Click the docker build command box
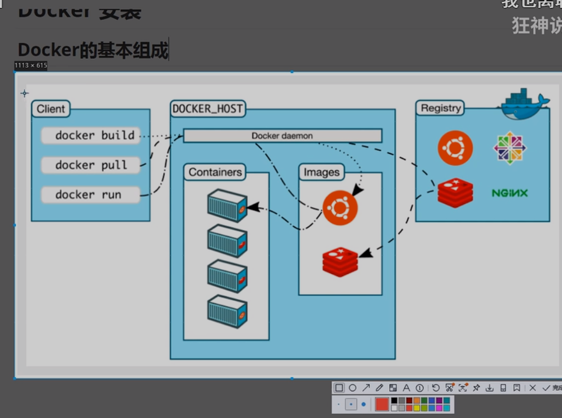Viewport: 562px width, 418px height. pos(90,136)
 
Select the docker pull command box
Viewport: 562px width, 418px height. pos(90,165)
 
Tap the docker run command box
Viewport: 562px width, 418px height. pos(90,195)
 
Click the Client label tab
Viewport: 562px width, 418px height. pos(51,109)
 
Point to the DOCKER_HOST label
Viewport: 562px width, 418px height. pos(208,109)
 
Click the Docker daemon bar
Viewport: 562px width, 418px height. pos(282,136)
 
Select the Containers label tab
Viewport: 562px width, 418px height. pos(215,172)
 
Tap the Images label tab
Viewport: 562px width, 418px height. pos(321,172)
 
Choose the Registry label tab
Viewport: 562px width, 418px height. pos(441,108)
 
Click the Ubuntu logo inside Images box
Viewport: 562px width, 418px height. pos(340,208)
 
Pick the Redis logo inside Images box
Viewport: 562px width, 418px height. pos(340,261)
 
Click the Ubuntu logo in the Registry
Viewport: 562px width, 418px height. pos(455,148)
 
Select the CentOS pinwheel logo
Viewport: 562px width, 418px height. pos(509,148)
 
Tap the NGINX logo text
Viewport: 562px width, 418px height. pos(509,193)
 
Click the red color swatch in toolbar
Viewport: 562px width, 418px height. pos(382,404)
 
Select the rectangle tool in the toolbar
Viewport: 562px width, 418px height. pos(339,388)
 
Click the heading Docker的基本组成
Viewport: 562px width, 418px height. pos(93,50)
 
